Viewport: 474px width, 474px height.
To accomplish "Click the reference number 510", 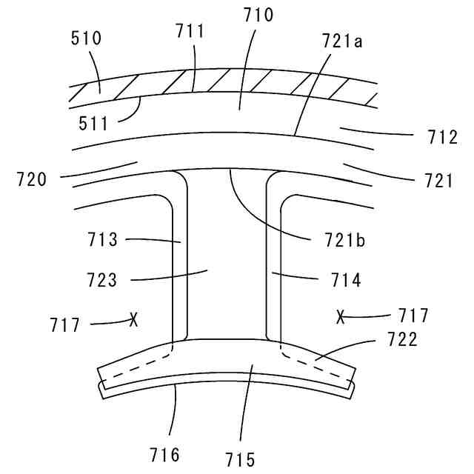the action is tap(86, 39).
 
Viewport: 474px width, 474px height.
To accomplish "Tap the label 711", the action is tap(190, 31).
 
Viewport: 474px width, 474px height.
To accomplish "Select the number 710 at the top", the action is tap(258, 15).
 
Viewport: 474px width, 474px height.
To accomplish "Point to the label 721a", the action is tap(342, 41).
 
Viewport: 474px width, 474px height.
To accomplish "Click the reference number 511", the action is tap(93, 124).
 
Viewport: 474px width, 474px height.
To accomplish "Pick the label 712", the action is tap(442, 137).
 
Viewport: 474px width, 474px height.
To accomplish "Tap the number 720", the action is tap(32, 179).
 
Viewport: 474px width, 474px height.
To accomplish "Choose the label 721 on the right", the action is tap(439, 181).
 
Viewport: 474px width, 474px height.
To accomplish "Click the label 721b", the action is tap(344, 240).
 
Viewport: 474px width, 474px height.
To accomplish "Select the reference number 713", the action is tap(102, 239).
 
